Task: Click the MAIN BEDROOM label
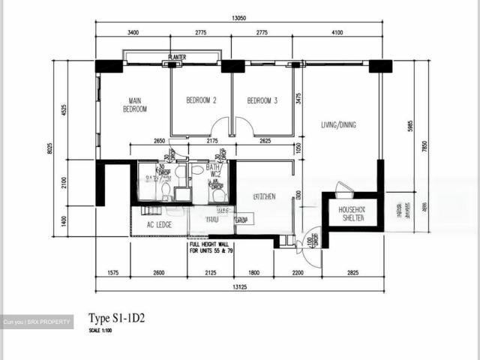click(135, 104)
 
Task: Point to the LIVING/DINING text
click(339, 124)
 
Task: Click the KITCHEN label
click(264, 196)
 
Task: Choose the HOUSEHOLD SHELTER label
click(351, 214)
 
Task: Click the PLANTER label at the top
click(178, 56)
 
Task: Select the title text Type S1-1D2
click(116, 318)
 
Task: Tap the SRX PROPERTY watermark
click(37, 322)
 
